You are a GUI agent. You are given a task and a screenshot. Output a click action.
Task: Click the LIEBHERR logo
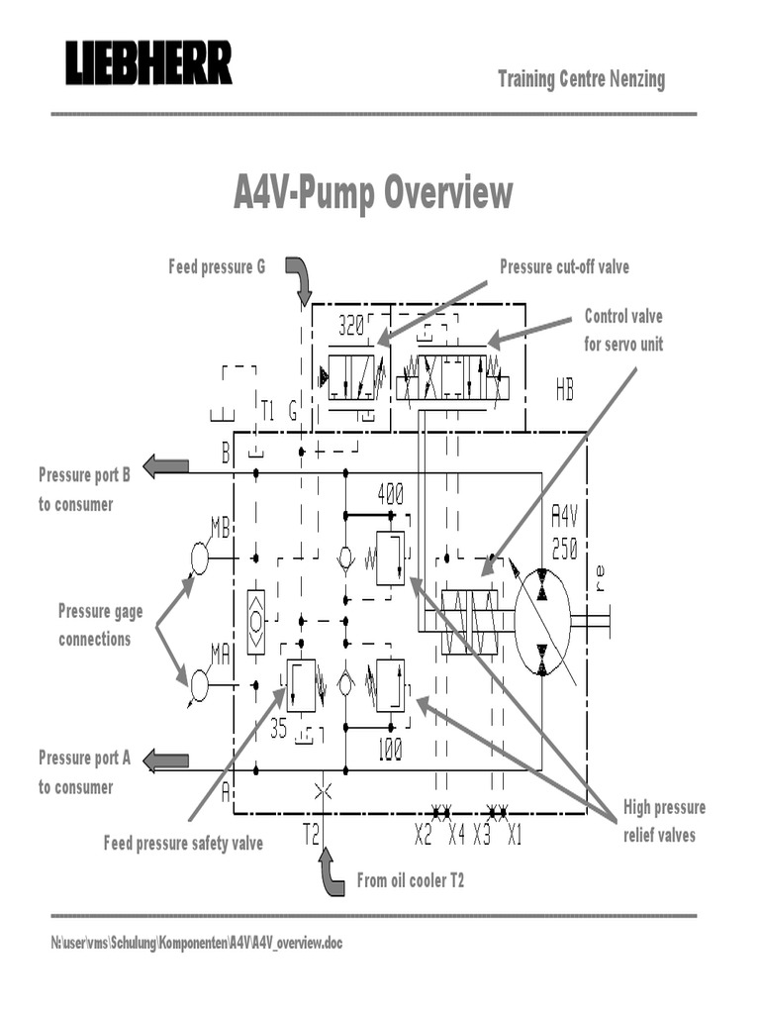(x=148, y=63)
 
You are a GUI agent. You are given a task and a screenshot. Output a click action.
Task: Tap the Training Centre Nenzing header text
(x=581, y=79)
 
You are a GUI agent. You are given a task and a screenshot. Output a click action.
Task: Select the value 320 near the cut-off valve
(x=351, y=326)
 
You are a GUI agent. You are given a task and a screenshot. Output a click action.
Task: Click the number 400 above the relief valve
(x=390, y=494)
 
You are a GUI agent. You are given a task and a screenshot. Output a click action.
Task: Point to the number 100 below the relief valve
(x=390, y=752)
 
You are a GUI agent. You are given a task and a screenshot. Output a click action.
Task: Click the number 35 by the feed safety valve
(x=279, y=729)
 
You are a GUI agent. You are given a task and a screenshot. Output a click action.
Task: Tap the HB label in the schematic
(x=564, y=392)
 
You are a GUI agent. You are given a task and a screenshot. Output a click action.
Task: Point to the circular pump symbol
(x=542, y=622)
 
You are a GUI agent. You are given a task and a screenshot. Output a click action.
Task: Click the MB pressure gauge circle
(x=200, y=559)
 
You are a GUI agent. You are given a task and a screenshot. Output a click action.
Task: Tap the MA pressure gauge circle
(x=200, y=684)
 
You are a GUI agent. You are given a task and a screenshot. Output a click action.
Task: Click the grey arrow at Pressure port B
(x=166, y=465)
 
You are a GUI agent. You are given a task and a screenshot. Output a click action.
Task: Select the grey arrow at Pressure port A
(x=166, y=760)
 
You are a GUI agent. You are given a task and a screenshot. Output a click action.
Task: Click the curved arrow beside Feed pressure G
(x=300, y=281)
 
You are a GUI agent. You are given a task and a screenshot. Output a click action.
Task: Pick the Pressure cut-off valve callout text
(x=564, y=266)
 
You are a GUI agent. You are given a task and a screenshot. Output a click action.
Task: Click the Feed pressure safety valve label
(x=183, y=844)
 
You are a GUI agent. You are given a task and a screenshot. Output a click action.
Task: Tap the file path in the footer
(x=196, y=943)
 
